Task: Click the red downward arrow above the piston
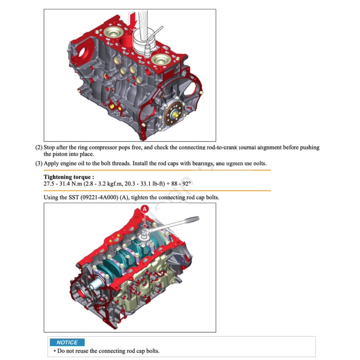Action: [x=133, y=20]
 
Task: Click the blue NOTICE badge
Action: [x=67, y=342]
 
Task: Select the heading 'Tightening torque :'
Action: [x=69, y=177]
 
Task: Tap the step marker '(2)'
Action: [x=39, y=148]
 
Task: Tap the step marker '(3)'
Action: [x=39, y=163]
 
